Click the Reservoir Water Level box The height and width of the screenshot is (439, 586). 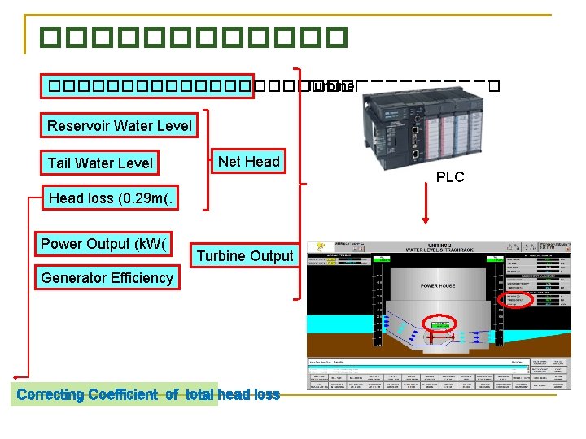tap(119, 125)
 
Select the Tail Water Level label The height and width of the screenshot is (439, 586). tap(99, 163)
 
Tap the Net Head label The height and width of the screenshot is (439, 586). tap(248, 161)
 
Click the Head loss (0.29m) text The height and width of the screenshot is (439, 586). tap(112, 198)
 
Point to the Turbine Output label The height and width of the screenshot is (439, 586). tap(244, 255)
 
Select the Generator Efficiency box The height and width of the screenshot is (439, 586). tap(107, 277)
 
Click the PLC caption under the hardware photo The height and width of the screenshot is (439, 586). tap(449, 176)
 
